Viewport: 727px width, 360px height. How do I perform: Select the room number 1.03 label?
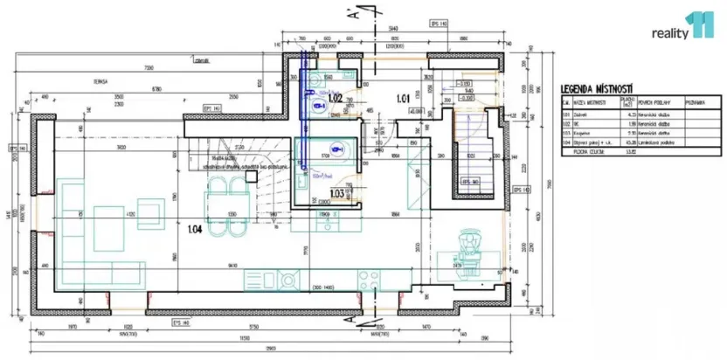(x=336, y=194)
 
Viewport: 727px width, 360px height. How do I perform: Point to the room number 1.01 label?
(x=403, y=98)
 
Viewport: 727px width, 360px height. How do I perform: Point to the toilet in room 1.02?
(x=319, y=105)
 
